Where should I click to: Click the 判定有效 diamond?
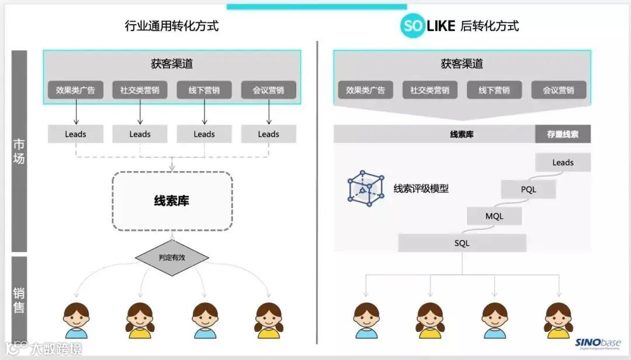172,257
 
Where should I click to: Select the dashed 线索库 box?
172,201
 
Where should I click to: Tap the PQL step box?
528,189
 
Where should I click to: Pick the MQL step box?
494,216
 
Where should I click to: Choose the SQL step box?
462,243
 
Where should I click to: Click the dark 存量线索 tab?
563,134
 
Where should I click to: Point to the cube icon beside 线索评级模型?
366,188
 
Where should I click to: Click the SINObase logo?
598,344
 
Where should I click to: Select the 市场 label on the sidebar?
19,151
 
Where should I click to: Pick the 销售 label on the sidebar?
19,300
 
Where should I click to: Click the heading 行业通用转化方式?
172,26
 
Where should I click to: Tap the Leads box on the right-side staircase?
563,162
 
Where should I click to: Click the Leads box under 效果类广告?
75,134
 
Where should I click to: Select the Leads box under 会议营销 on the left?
269,134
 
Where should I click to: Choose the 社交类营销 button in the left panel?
140,90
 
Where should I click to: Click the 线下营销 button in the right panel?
494,90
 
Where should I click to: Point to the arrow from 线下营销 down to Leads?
204,112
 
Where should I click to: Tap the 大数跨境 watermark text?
56,349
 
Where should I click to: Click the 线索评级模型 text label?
421,189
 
